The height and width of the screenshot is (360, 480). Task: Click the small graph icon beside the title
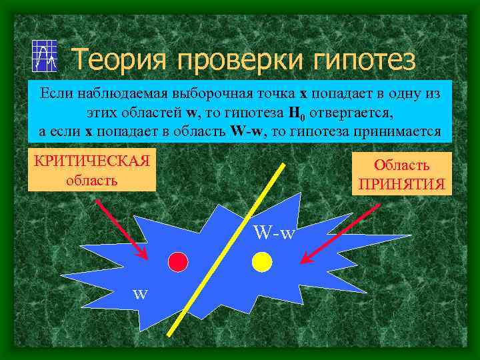point(44,56)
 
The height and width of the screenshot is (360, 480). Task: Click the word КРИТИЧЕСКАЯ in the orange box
point(91,163)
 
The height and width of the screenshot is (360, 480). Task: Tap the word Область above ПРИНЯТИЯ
point(401,165)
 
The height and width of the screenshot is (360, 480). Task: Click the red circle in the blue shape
point(177,262)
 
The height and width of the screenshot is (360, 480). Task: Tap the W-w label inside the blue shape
point(275,233)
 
